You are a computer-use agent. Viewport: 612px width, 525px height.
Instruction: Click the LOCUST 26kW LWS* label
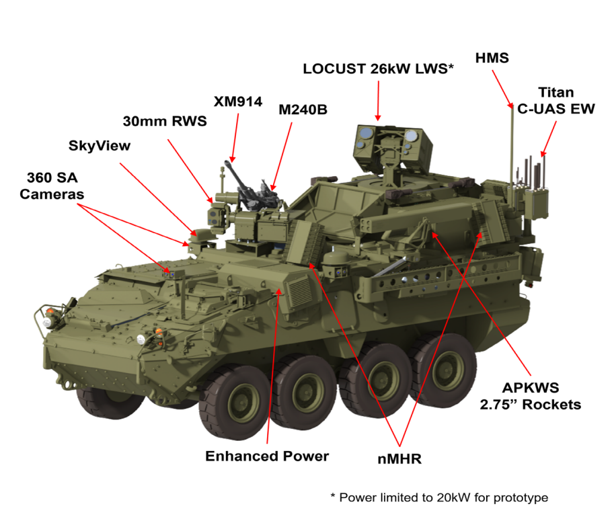[378, 69]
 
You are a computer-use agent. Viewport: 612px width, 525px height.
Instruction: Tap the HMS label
[492, 58]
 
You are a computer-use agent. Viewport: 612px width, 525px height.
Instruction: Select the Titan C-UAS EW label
[556, 101]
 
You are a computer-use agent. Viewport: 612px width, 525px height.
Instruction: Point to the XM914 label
[237, 102]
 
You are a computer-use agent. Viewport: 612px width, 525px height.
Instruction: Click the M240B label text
[303, 110]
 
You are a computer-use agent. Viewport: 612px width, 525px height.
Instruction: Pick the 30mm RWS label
[165, 121]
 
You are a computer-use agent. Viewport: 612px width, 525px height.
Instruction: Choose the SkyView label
[100, 145]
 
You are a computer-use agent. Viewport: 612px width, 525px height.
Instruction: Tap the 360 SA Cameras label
[52, 186]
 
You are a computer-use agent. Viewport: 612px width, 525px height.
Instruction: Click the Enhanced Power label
[267, 456]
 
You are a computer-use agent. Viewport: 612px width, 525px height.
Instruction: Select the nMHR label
[399, 459]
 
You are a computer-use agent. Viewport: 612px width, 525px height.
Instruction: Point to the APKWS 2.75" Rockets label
[531, 397]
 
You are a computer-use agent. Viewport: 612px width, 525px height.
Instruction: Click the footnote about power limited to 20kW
[439, 497]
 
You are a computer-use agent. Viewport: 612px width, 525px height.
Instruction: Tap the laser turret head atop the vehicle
[392, 147]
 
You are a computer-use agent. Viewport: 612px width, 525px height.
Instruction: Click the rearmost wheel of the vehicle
[443, 368]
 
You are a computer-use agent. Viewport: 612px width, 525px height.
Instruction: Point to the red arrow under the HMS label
[503, 89]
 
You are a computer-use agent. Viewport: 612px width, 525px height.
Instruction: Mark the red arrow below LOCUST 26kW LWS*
[378, 101]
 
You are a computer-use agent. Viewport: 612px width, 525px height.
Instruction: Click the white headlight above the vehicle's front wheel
[141, 339]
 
